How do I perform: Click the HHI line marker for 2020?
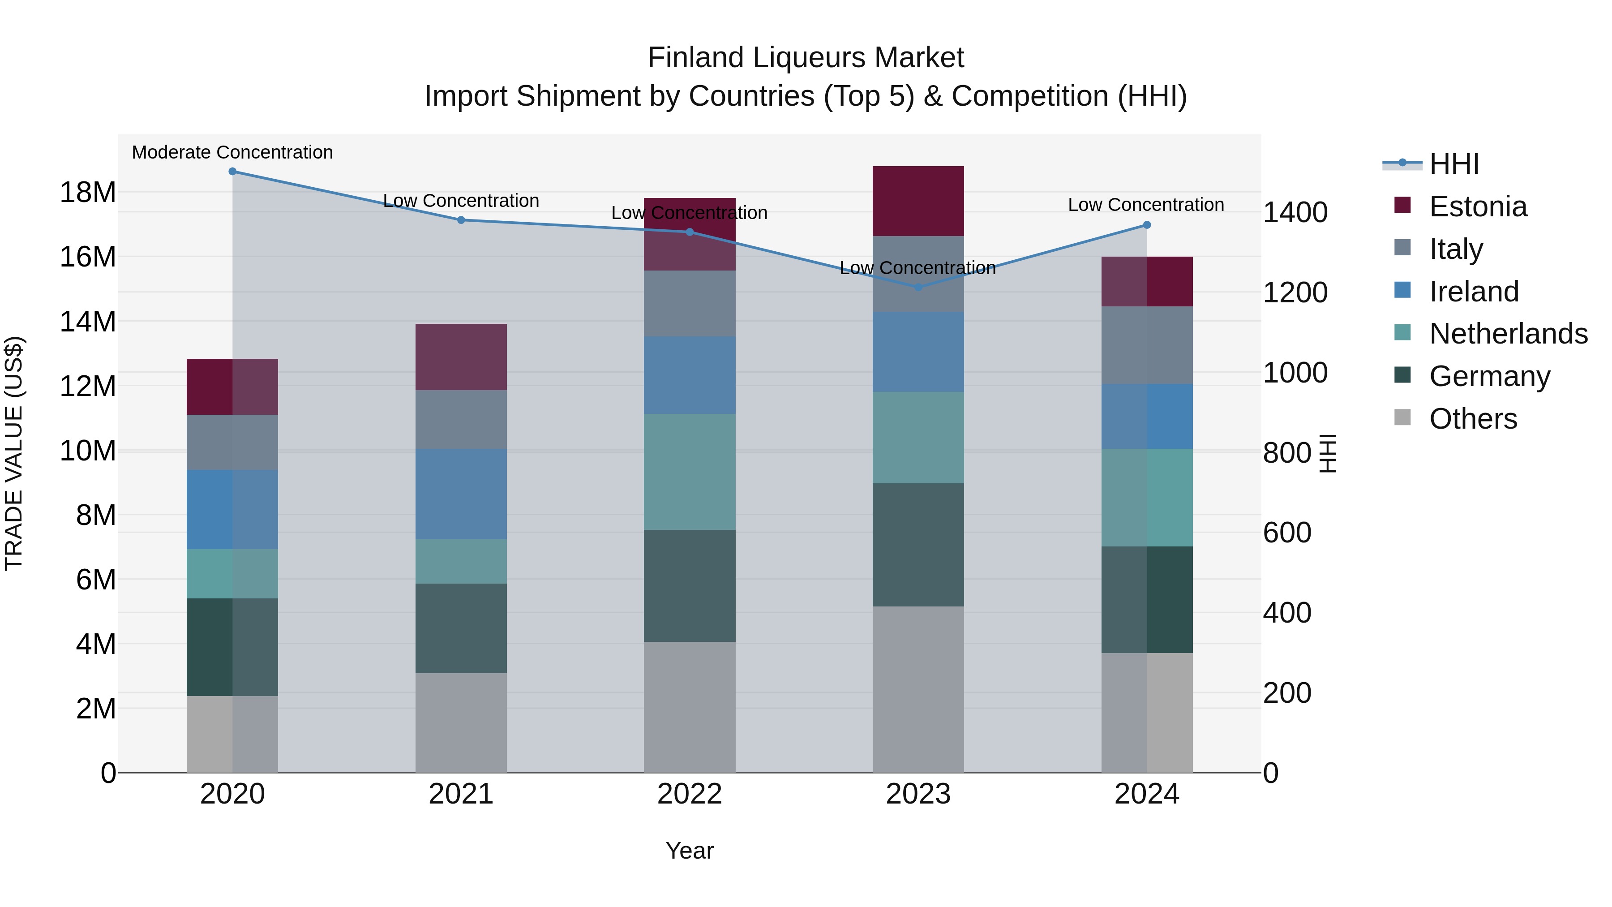[232, 172]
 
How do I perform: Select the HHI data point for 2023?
[918, 287]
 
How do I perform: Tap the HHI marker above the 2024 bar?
[1146, 225]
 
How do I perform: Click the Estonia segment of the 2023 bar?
[918, 201]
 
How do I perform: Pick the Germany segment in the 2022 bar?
[690, 586]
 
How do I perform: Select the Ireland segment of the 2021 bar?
[461, 494]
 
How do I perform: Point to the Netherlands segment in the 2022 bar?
[690, 472]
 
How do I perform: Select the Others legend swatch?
[1402, 417]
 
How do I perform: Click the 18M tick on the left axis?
[88, 192]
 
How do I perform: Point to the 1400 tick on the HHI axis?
[1295, 212]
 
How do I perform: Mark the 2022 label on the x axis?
[690, 794]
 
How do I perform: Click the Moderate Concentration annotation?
[232, 152]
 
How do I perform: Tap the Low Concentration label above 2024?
[1146, 205]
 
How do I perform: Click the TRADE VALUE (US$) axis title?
[14, 453]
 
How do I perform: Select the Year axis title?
[690, 851]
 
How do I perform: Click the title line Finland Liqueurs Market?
[806, 58]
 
